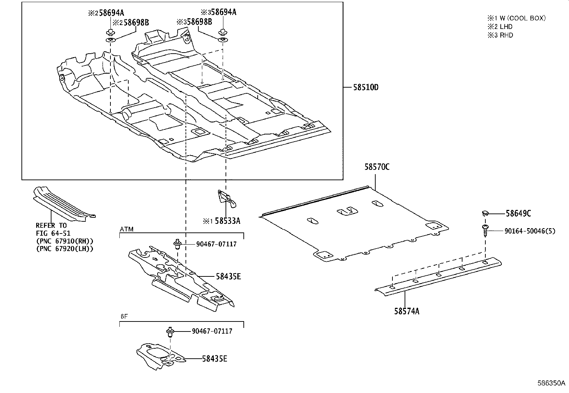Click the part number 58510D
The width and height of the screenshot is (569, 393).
click(x=366, y=87)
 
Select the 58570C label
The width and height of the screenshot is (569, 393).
click(x=377, y=167)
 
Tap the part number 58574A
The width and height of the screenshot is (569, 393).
click(x=407, y=311)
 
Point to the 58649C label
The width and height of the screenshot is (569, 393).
click(x=518, y=214)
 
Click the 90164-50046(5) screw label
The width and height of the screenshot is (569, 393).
click(x=530, y=231)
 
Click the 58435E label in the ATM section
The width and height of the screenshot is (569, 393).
click(x=228, y=276)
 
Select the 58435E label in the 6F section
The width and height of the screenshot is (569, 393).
click(x=214, y=359)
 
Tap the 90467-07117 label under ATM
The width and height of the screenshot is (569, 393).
click(x=216, y=245)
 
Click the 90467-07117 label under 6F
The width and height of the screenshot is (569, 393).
click(x=212, y=331)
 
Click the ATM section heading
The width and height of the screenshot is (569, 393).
click(x=127, y=229)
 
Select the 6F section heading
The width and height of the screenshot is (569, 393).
click(x=124, y=316)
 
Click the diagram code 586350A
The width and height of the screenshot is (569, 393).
click(x=552, y=383)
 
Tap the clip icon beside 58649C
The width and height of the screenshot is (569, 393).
click(x=484, y=213)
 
